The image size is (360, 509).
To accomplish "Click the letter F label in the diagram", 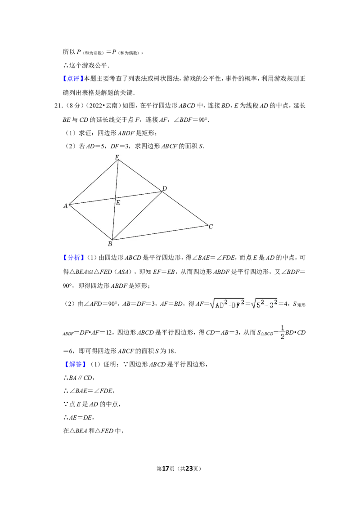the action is coord(117,157).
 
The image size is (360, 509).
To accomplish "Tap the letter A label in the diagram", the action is coord(65,205).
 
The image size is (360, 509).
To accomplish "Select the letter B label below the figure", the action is coord(110,244).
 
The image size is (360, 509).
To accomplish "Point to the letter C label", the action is coord(210,227).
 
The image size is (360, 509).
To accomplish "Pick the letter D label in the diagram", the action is coord(165,188).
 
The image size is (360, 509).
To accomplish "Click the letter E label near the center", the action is coord(118,203).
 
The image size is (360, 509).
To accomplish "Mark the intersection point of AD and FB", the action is coord(115,198).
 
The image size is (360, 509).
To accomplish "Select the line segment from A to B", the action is coord(90,222).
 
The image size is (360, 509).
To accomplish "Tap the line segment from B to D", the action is coord(137,216).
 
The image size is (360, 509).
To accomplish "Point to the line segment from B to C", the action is coord(160,232).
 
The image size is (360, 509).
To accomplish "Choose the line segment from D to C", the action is coord(185,208).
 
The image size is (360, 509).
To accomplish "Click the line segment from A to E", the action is coord(92,201).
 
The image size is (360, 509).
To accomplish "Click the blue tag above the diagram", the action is coord(73,79).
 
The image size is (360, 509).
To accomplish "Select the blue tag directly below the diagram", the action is coord(73,258).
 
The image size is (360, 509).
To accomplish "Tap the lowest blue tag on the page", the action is coord(75,365).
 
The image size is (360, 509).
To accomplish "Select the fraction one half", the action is coord(282,331).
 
